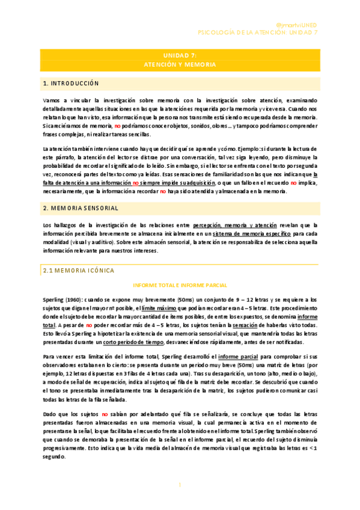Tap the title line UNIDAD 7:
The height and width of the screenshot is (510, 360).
[180, 55]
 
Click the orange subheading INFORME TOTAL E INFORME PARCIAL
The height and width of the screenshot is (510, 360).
[180, 286]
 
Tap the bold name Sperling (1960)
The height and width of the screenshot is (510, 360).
[57, 299]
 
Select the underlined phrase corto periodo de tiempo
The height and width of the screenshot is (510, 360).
[133, 342]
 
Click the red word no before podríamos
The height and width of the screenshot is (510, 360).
[118, 125]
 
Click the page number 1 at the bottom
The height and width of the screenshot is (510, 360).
[180, 485]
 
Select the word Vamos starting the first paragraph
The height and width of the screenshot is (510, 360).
[50, 100]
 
